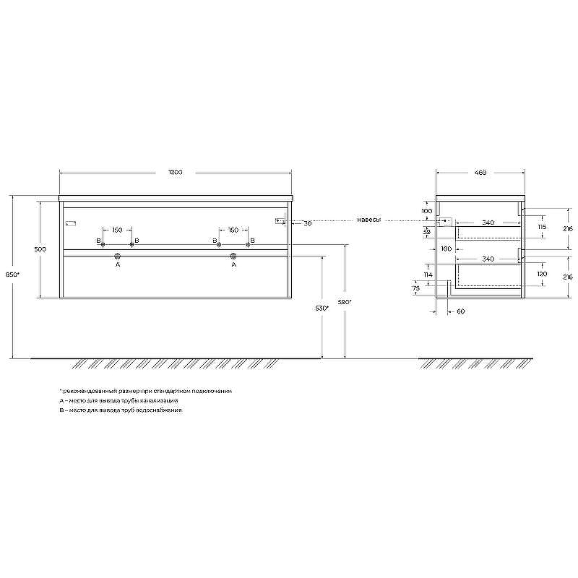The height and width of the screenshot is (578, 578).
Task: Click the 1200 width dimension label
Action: (175, 173)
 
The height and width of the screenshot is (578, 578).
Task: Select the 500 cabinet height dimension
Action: (40, 249)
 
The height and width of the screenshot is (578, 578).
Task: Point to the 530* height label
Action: (322, 308)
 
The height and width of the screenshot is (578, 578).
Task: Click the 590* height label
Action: (345, 302)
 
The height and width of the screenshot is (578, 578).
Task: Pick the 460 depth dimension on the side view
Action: (480, 173)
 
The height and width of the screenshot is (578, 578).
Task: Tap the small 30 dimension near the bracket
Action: (307, 224)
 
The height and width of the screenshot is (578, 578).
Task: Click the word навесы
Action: (368, 220)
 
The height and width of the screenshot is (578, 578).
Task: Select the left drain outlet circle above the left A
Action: (117, 256)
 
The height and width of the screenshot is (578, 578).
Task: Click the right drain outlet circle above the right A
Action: (233, 256)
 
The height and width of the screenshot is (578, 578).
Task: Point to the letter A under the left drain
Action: (117, 265)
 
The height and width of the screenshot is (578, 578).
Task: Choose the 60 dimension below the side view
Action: (460, 311)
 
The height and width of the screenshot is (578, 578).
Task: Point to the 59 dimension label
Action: (426, 231)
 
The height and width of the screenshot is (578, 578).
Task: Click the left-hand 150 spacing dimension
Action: (116, 230)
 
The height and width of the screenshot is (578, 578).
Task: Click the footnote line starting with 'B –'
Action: (121, 410)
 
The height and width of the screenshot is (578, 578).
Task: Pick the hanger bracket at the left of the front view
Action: (71, 222)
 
